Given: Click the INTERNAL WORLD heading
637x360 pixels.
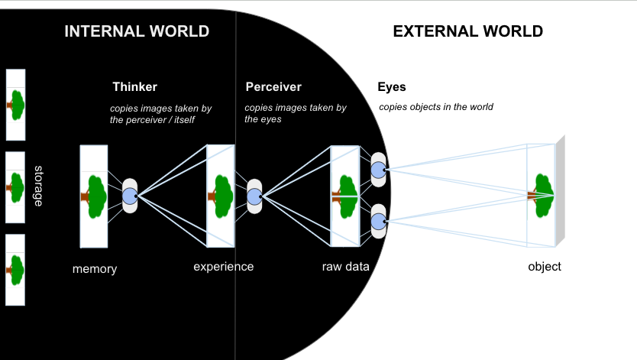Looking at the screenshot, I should tap(137, 31).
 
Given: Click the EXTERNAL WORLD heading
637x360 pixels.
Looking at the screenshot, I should tap(467, 31).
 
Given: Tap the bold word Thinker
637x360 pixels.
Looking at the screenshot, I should tap(134, 87).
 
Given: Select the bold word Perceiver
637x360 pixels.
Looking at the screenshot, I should tap(273, 87).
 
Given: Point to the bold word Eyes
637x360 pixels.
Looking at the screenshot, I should tap(392, 87).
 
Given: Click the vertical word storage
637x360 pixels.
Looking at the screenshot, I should tap(38, 185).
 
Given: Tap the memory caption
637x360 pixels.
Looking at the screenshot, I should tap(95, 269).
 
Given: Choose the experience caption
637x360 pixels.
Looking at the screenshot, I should tap(223, 267).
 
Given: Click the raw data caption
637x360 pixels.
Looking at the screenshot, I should tap(346, 267).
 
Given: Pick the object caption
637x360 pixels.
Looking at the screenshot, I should tap(545, 267).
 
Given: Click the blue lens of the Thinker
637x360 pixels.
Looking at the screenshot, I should tap(130, 196).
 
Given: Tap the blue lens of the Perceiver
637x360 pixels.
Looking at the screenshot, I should tap(254, 196).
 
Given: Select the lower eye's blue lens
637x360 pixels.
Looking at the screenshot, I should tap(378, 222).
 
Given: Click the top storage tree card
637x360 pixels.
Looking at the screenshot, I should tap(15, 105).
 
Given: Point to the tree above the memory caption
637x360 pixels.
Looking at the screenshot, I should tap(94, 196).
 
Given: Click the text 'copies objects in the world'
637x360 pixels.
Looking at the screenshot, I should tap(435, 107).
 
